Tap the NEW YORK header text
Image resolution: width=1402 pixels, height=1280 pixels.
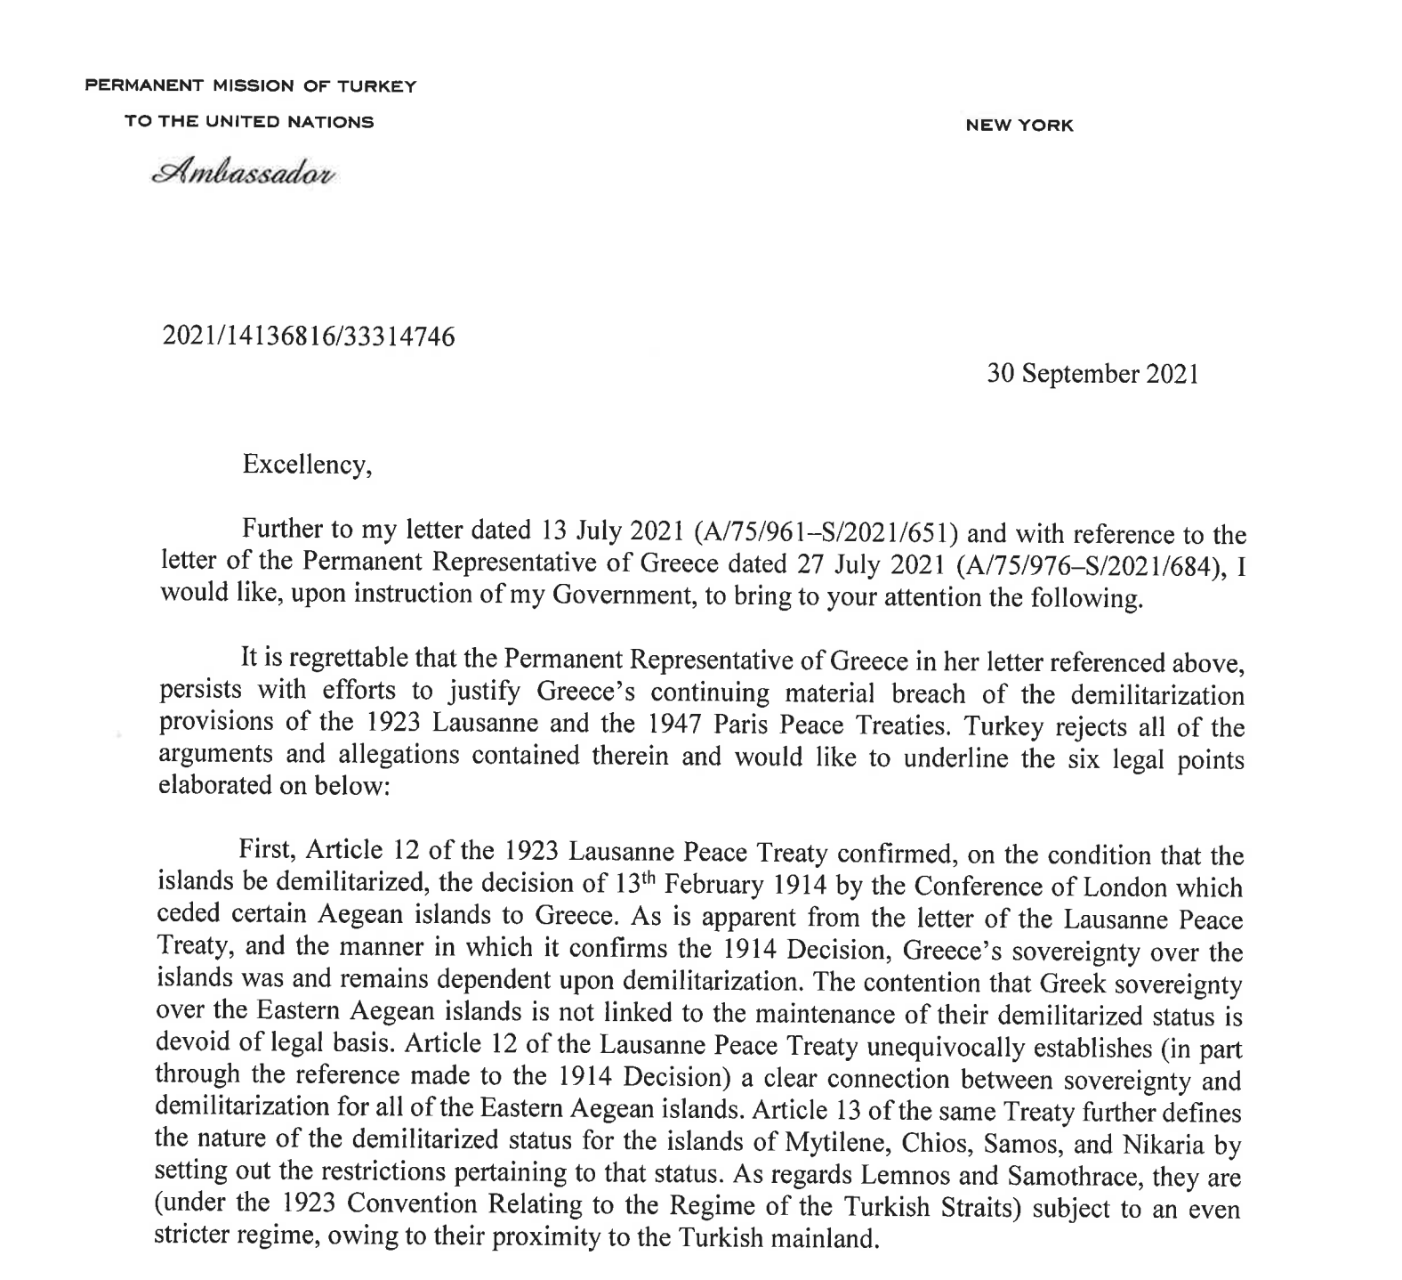(1019, 126)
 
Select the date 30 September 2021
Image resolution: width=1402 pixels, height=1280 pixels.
(1092, 374)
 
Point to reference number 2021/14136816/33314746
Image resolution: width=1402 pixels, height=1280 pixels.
(309, 336)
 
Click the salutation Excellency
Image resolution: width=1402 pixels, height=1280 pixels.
(306, 466)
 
